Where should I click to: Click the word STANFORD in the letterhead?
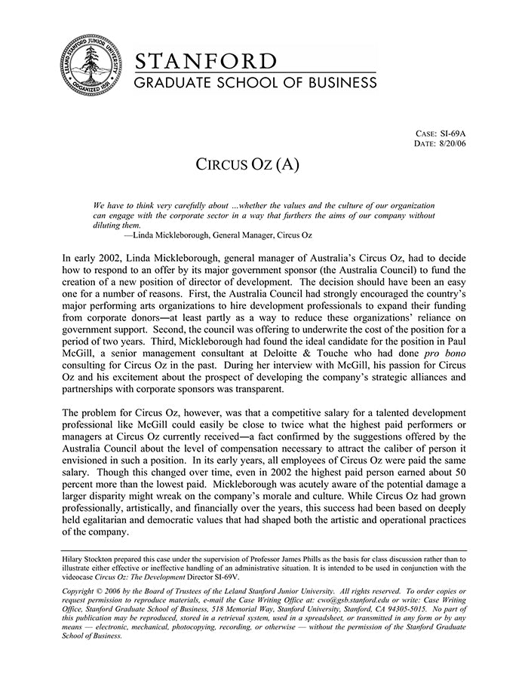point(205,61)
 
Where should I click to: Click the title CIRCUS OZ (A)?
point(247,165)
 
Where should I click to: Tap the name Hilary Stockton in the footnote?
point(91,559)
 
